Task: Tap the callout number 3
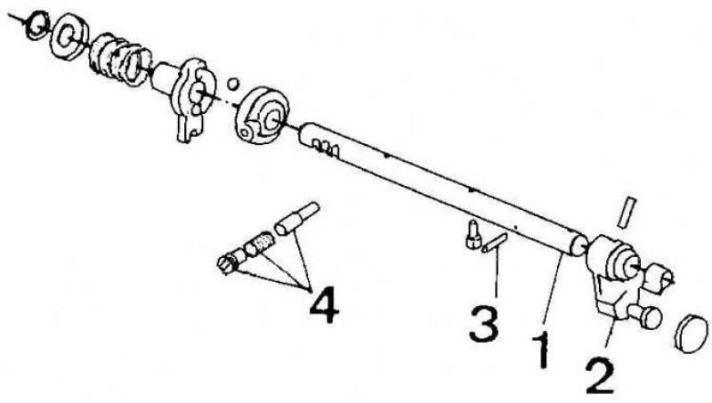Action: tap(484, 323)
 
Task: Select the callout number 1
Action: tap(541, 350)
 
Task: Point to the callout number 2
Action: tap(600, 375)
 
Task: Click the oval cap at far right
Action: tap(692, 333)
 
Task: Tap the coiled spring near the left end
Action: tap(120, 59)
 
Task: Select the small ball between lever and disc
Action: tap(232, 84)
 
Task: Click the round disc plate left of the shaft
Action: tap(261, 116)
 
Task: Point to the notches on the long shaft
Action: tap(325, 149)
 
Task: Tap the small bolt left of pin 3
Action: tap(473, 234)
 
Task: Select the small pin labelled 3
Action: tap(495, 242)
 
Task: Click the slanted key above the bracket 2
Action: tap(627, 212)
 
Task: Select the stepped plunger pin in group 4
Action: tap(297, 218)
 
